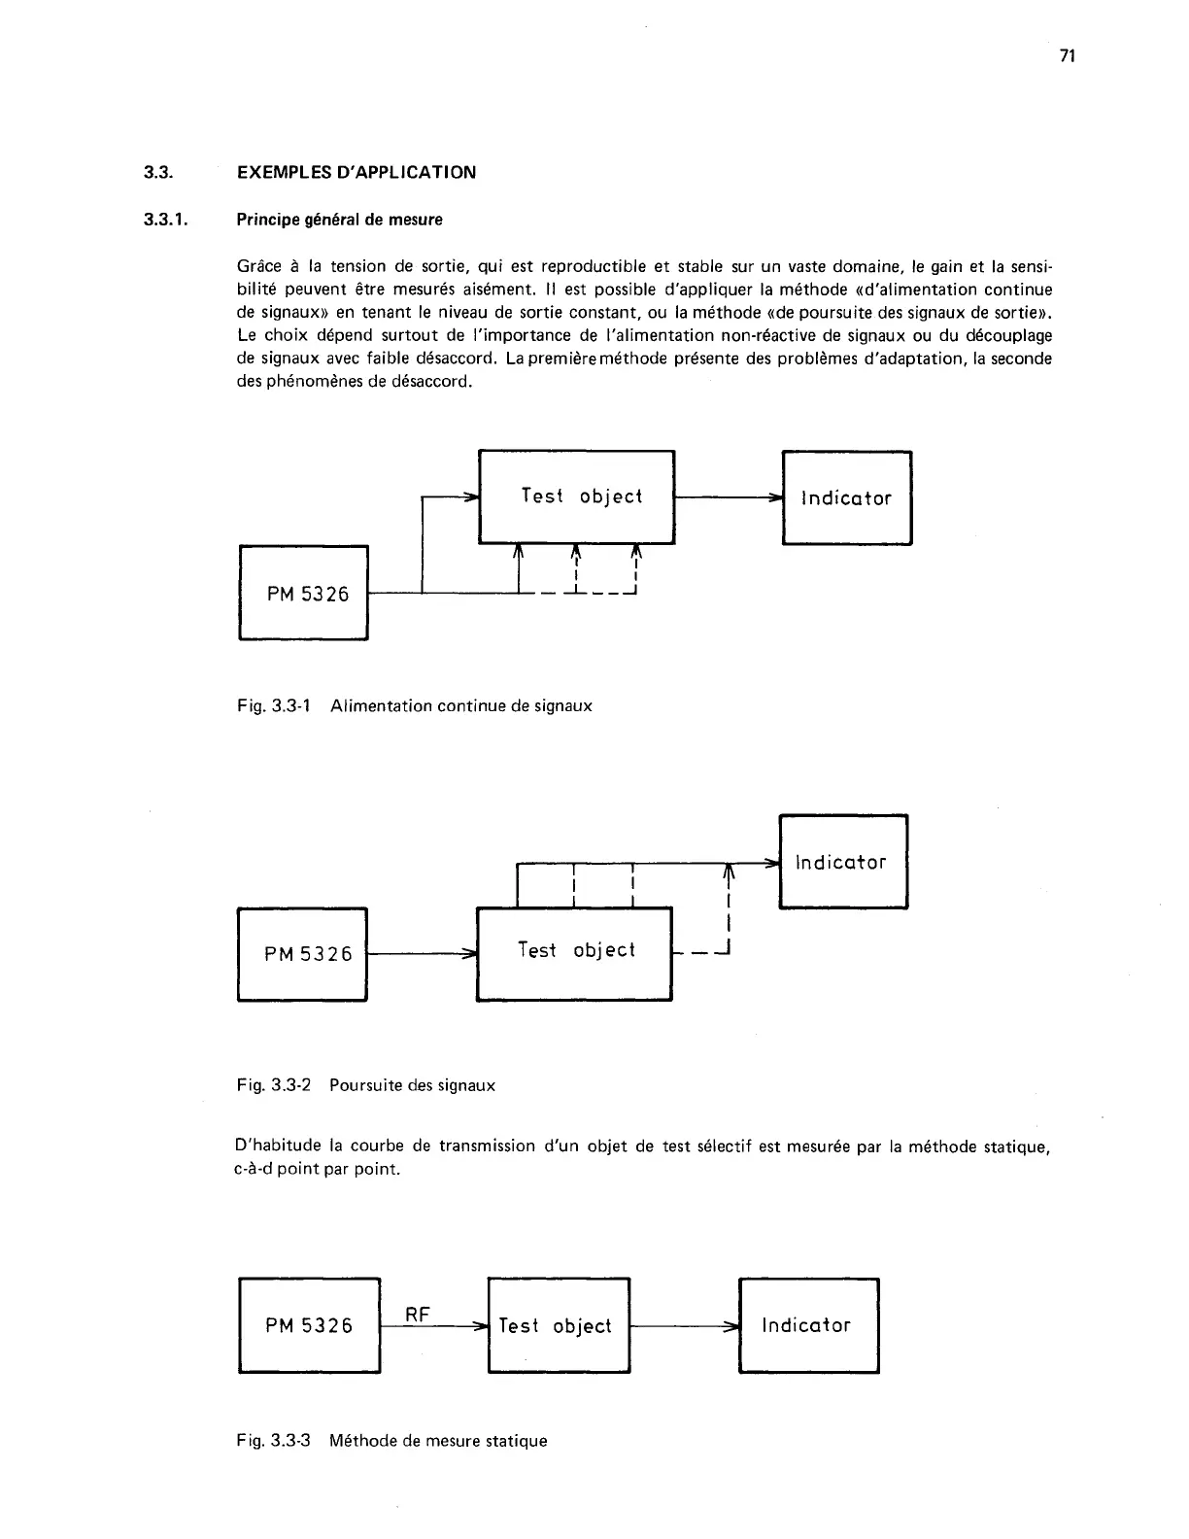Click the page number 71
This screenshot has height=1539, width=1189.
[x=1067, y=56]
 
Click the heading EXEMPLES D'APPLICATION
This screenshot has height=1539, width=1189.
[x=357, y=173]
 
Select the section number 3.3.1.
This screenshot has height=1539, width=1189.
[x=164, y=220]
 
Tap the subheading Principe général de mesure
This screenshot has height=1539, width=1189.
[x=339, y=220]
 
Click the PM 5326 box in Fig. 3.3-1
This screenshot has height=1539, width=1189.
[x=303, y=593]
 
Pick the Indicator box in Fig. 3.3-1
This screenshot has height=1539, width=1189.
[x=846, y=497]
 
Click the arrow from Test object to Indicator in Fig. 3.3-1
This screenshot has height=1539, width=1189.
[x=729, y=497]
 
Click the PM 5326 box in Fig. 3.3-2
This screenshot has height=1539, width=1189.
[x=302, y=953]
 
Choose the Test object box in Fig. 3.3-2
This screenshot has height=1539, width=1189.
[x=574, y=952]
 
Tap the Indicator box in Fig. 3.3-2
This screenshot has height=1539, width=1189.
[x=842, y=862]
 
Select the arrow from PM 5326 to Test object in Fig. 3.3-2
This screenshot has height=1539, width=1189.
[x=422, y=954]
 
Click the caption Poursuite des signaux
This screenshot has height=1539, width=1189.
[x=412, y=1085]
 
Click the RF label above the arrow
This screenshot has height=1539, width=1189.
[x=418, y=1315]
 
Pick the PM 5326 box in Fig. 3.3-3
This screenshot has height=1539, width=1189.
[x=309, y=1325]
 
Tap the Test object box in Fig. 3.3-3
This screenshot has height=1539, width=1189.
[x=559, y=1325]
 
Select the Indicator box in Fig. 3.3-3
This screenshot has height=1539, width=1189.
[x=808, y=1325]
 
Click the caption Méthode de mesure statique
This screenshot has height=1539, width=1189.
[x=438, y=1440]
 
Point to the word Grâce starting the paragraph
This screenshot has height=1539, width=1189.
[x=257, y=266]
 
